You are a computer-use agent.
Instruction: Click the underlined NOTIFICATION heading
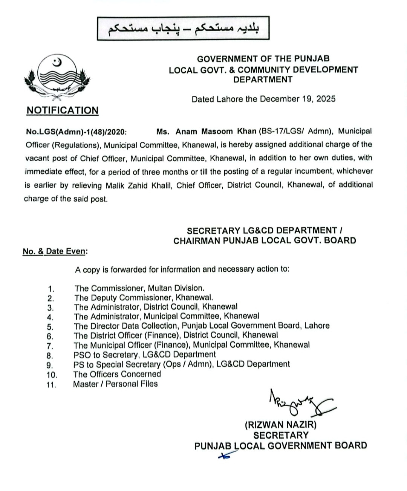tap(63, 110)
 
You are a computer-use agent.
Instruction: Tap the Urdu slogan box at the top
tap(183, 28)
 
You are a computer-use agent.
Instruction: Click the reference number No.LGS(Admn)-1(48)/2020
tap(76, 132)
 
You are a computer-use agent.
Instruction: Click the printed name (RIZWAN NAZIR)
tap(281, 425)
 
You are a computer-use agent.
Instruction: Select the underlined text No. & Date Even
tap(54, 251)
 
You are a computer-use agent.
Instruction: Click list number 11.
tap(51, 385)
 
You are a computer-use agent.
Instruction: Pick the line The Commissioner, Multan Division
tap(139, 288)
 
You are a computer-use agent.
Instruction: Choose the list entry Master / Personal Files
tap(115, 384)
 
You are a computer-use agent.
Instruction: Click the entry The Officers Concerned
tap(117, 374)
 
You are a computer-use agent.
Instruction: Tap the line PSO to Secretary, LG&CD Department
tap(145, 355)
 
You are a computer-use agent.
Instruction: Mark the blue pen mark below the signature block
tap(223, 456)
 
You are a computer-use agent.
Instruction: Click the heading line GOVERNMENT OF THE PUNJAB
tap(263, 59)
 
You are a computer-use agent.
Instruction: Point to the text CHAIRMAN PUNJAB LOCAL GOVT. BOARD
tap(265, 240)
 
